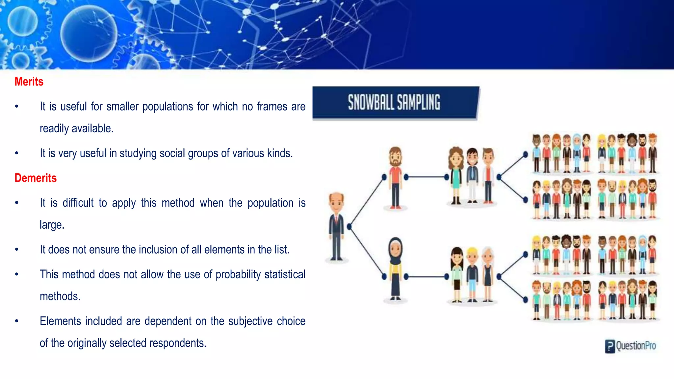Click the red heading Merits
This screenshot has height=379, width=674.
pos(29,82)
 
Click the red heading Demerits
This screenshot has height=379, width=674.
pos(36,178)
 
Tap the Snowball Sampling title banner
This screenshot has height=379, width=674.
pos(395,102)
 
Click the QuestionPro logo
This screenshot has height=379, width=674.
pos(631,346)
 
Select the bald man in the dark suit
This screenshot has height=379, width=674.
pos(336,227)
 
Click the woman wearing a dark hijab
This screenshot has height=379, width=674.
pos(395,268)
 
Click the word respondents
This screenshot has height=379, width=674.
pos(178,343)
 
